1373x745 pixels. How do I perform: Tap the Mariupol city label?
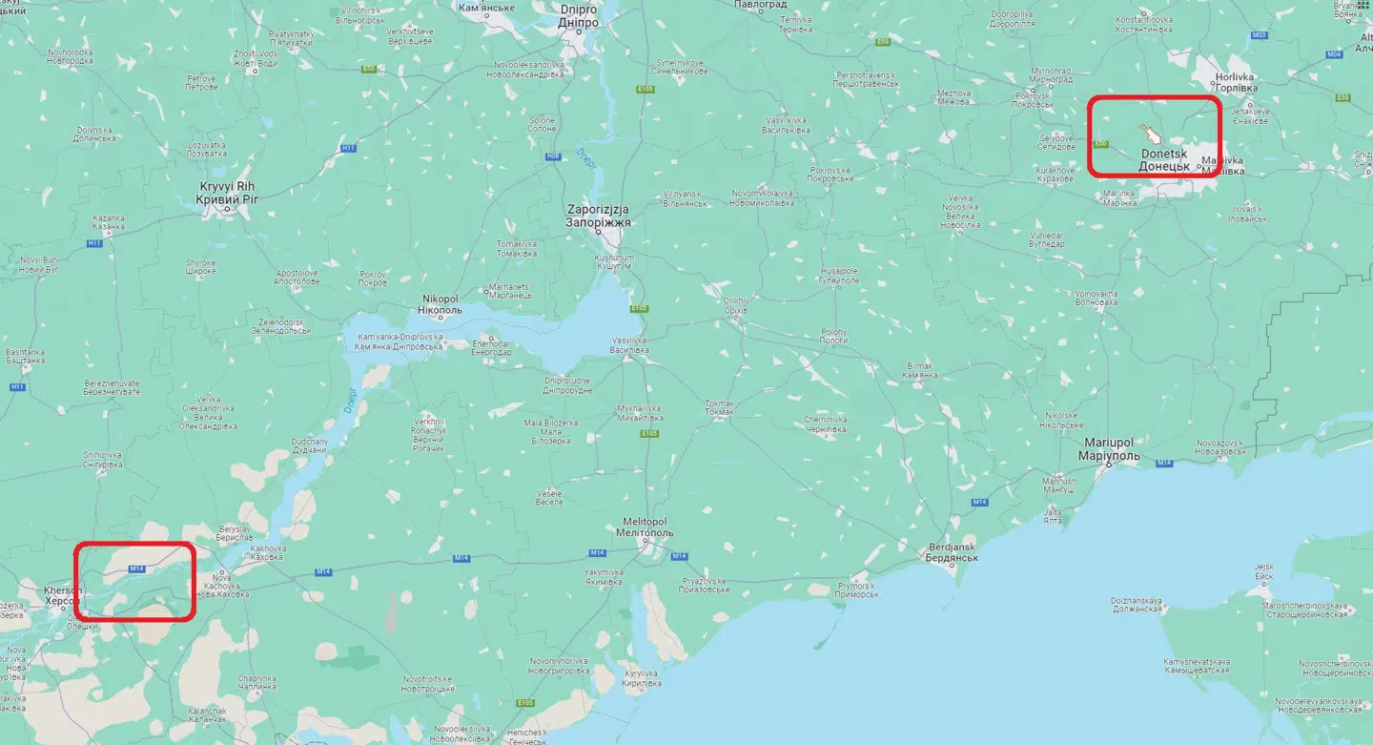(1108, 449)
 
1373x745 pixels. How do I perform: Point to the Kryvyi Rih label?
(226, 193)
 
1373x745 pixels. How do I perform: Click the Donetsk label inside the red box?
(1164, 159)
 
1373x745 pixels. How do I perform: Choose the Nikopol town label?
(441, 304)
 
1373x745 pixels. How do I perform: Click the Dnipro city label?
(579, 15)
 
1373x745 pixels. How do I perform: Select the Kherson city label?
(63, 596)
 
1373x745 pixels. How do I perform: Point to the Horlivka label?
(1235, 82)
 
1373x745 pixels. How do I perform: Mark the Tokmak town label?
(720, 408)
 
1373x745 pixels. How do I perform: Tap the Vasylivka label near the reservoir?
(629, 345)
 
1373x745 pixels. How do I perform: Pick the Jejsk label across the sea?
(1263, 571)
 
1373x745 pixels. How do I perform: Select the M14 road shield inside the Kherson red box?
(136, 569)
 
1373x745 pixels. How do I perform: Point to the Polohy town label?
(833, 336)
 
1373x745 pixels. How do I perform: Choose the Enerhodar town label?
(492, 347)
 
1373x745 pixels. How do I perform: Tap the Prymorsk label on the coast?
(856, 590)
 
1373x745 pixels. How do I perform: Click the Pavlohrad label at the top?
(761, 5)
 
